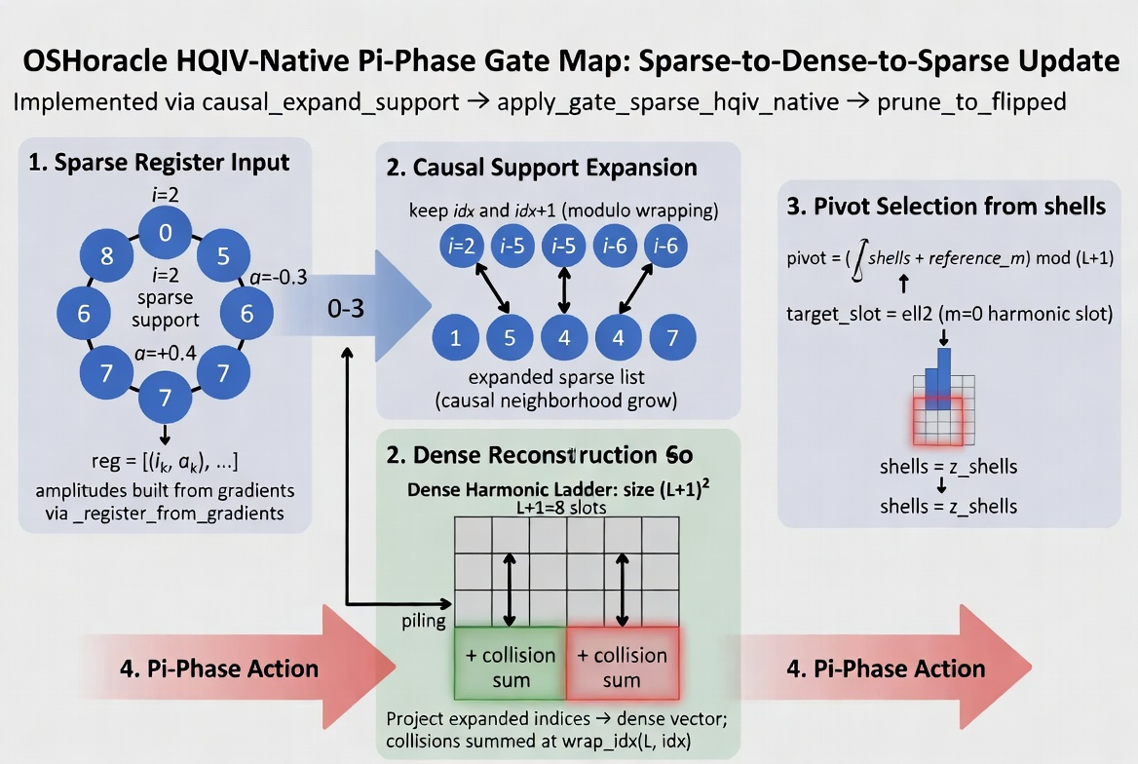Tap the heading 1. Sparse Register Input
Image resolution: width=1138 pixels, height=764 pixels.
(160, 161)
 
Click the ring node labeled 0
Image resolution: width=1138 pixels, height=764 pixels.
(165, 232)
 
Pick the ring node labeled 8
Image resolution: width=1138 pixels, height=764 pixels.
(107, 257)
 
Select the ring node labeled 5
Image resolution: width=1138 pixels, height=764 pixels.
(223, 257)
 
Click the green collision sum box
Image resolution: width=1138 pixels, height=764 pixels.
(510, 667)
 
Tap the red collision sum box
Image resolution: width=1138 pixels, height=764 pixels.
(622, 667)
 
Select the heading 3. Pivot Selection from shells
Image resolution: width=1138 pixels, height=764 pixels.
(945, 207)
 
